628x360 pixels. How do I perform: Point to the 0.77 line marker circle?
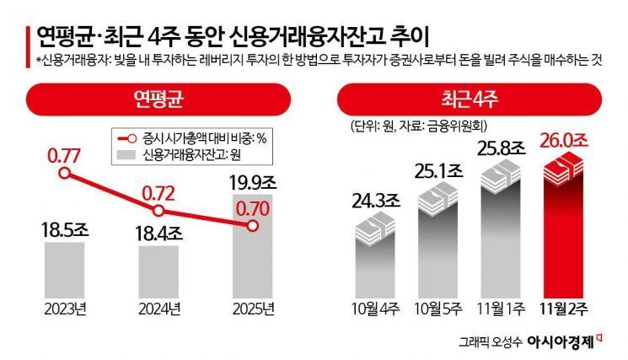click(x=63, y=173)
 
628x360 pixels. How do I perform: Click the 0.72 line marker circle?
click(x=158, y=211)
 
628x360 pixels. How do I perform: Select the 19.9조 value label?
click(x=253, y=180)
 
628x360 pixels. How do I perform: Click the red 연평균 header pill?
click(x=158, y=99)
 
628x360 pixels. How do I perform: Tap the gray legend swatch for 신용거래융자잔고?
click(x=125, y=154)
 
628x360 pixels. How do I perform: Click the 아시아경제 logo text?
click(x=560, y=342)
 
